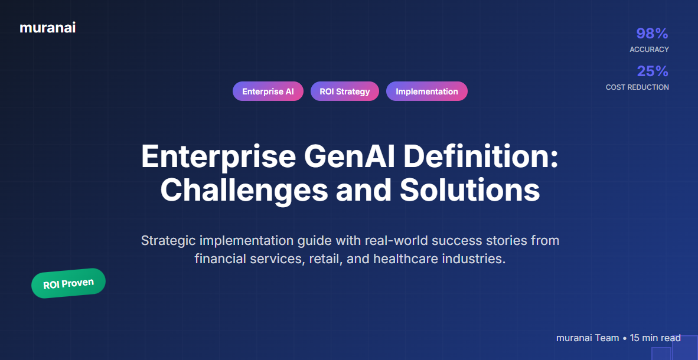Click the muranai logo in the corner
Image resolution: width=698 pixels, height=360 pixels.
coord(47,27)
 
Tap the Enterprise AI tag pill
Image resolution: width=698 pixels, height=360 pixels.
coord(268,91)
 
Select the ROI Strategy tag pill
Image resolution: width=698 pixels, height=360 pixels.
coord(345,91)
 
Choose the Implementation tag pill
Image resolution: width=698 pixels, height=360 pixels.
coord(426,91)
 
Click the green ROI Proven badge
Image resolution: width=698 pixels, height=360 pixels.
coord(69,283)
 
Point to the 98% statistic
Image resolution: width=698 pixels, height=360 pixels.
coord(652,34)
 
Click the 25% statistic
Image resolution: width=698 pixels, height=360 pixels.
coord(653,71)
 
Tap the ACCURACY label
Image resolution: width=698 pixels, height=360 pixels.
coord(649,50)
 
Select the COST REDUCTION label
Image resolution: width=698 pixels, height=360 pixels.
coord(637,87)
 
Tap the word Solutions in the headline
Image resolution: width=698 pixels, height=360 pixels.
coord(469,190)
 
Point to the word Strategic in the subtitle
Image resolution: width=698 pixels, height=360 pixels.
coord(168,241)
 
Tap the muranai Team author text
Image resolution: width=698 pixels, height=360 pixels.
coord(587,338)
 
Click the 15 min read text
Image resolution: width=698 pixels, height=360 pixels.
coord(655,338)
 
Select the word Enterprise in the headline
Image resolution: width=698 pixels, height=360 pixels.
coord(218,158)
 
